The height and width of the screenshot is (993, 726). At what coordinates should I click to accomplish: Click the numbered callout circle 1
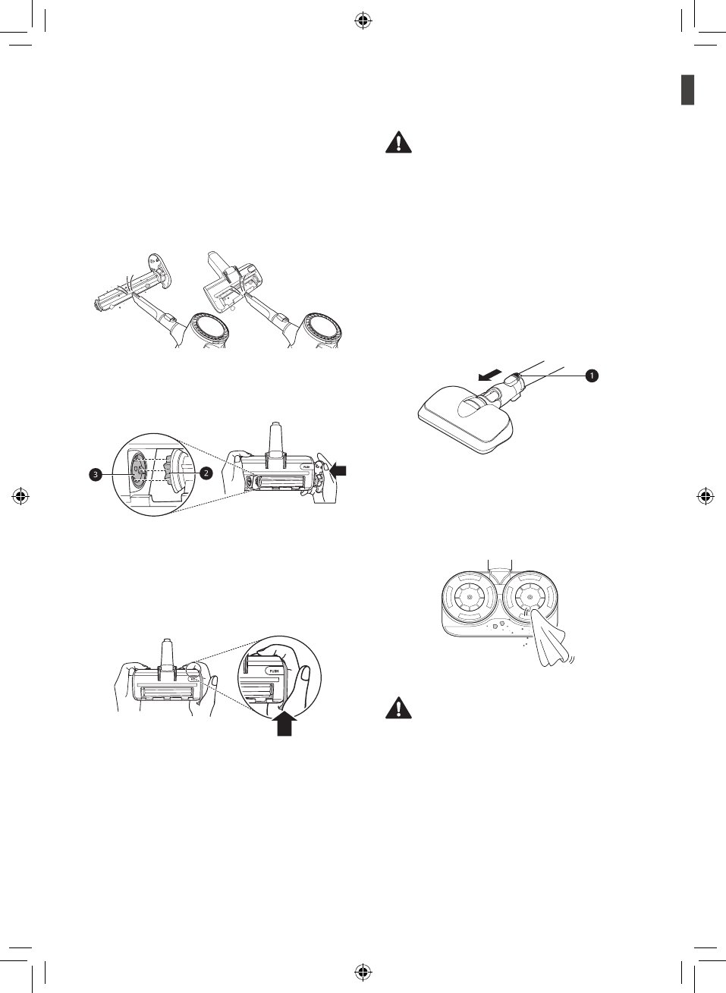(591, 375)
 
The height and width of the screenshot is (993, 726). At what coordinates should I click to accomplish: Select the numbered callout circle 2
(205, 473)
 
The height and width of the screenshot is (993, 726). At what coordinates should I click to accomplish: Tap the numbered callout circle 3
(96, 474)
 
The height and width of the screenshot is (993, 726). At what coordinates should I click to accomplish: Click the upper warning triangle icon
(398, 143)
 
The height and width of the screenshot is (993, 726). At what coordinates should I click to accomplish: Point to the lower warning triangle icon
(398, 708)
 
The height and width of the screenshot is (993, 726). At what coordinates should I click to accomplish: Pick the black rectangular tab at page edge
(687, 90)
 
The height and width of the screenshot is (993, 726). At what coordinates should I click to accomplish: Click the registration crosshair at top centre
(363, 21)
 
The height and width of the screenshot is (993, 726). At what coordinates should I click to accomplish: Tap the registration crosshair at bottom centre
(363, 971)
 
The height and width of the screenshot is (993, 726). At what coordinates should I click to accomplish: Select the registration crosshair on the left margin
(21, 497)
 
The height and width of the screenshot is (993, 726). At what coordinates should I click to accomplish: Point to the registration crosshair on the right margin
(705, 497)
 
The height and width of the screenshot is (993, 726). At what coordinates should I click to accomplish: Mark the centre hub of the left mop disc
(469, 597)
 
